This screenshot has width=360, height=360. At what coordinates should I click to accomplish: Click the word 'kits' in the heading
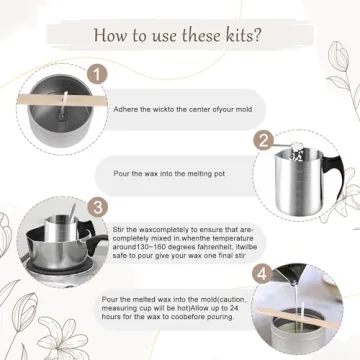pos(235,36)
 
